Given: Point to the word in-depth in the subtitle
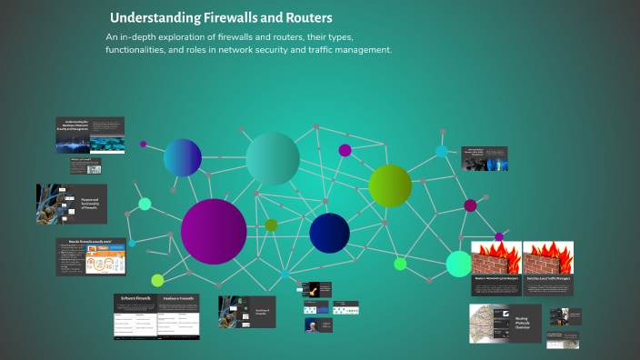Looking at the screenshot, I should coord(146,37).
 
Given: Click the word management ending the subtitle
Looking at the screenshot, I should coord(361,50).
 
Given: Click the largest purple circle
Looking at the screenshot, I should coord(214,231).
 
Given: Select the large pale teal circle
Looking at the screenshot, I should coord(273,159).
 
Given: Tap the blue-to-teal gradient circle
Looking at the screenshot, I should coord(183,157).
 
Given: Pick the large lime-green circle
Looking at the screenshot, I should coord(390,185).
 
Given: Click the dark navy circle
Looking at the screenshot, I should coord(329,233).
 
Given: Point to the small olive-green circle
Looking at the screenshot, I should coord(271,225).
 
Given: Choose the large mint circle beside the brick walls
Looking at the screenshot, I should coord(459,264).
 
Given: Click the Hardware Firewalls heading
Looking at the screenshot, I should coord(179,298).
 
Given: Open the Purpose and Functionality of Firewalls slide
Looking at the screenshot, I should coord(72,205).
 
